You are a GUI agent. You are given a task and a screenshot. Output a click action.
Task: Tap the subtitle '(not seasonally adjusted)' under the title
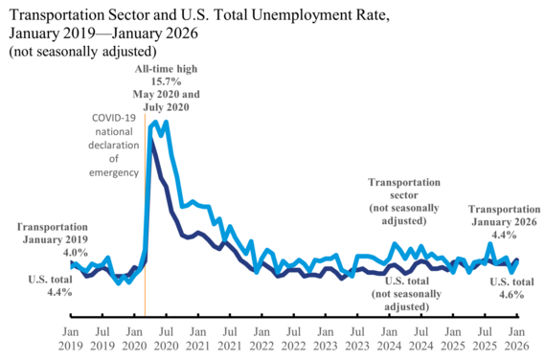point(81,51)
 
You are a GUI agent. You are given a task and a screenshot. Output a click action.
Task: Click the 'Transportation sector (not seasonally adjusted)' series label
point(404,201)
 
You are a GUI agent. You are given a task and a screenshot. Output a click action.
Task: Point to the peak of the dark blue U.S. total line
point(150,141)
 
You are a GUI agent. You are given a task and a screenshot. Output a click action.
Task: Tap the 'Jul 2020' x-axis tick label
point(166,335)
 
